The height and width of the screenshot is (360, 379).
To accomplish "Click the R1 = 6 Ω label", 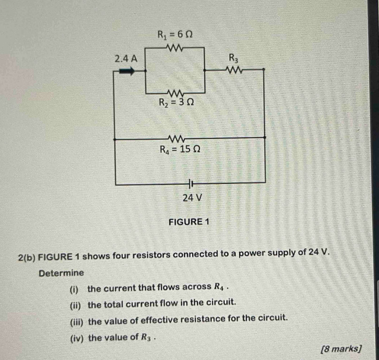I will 175,34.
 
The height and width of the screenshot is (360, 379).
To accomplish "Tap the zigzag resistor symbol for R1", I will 174,47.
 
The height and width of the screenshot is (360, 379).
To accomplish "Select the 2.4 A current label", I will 126,59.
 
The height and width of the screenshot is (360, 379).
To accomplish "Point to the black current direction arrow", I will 126,71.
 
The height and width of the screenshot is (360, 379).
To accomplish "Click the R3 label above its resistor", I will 234,58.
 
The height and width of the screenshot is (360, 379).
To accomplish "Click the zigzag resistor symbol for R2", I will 174,92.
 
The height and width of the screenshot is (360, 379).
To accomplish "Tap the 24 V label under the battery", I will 192,198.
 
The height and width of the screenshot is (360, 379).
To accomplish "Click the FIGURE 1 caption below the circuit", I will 188,222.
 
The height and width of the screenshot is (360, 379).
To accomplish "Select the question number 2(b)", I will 27,255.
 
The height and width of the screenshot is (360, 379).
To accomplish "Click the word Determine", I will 61,273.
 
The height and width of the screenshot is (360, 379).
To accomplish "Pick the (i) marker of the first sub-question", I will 76,289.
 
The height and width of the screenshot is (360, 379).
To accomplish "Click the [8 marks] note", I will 341,349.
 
